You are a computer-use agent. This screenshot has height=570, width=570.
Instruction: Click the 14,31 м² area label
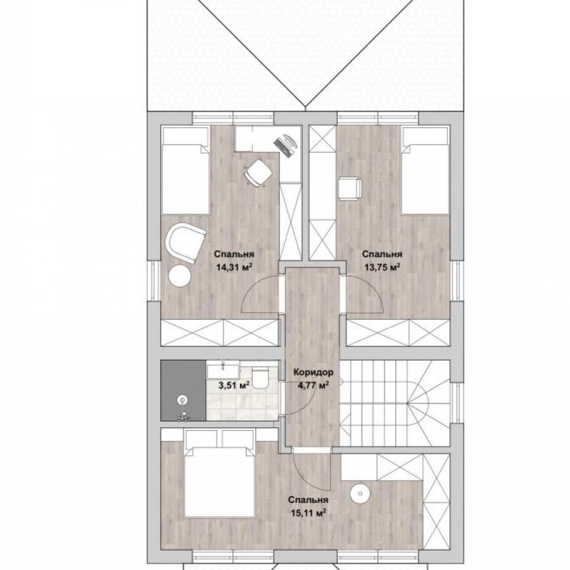pyautogui.click(x=234, y=268)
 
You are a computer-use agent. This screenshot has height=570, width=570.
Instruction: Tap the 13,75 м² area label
pyautogui.click(x=382, y=268)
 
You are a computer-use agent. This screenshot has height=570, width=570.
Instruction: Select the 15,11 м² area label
pyautogui.click(x=308, y=513)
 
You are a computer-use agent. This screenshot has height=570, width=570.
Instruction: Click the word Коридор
pyautogui.click(x=313, y=372)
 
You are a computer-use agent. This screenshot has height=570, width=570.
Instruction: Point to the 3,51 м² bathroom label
pyautogui.click(x=234, y=384)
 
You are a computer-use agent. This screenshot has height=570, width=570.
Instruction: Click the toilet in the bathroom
pyautogui.click(x=260, y=379)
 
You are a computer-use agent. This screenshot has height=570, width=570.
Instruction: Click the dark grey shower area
pyautogui.click(x=183, y=391)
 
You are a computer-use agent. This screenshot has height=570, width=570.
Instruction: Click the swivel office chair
pyautogui.click(x=257, y=173)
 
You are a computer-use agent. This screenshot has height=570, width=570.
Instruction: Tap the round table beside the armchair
pyautogui.click(x=180, y=276)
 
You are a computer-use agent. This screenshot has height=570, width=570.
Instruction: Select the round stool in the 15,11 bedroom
pyautogui.click(x=360, y=493)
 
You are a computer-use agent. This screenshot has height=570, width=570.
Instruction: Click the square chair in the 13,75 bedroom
pyautogui.click(x=350, y=189)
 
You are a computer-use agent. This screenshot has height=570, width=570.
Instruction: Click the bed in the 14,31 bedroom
pyautogui.click(x=186, y=170)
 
